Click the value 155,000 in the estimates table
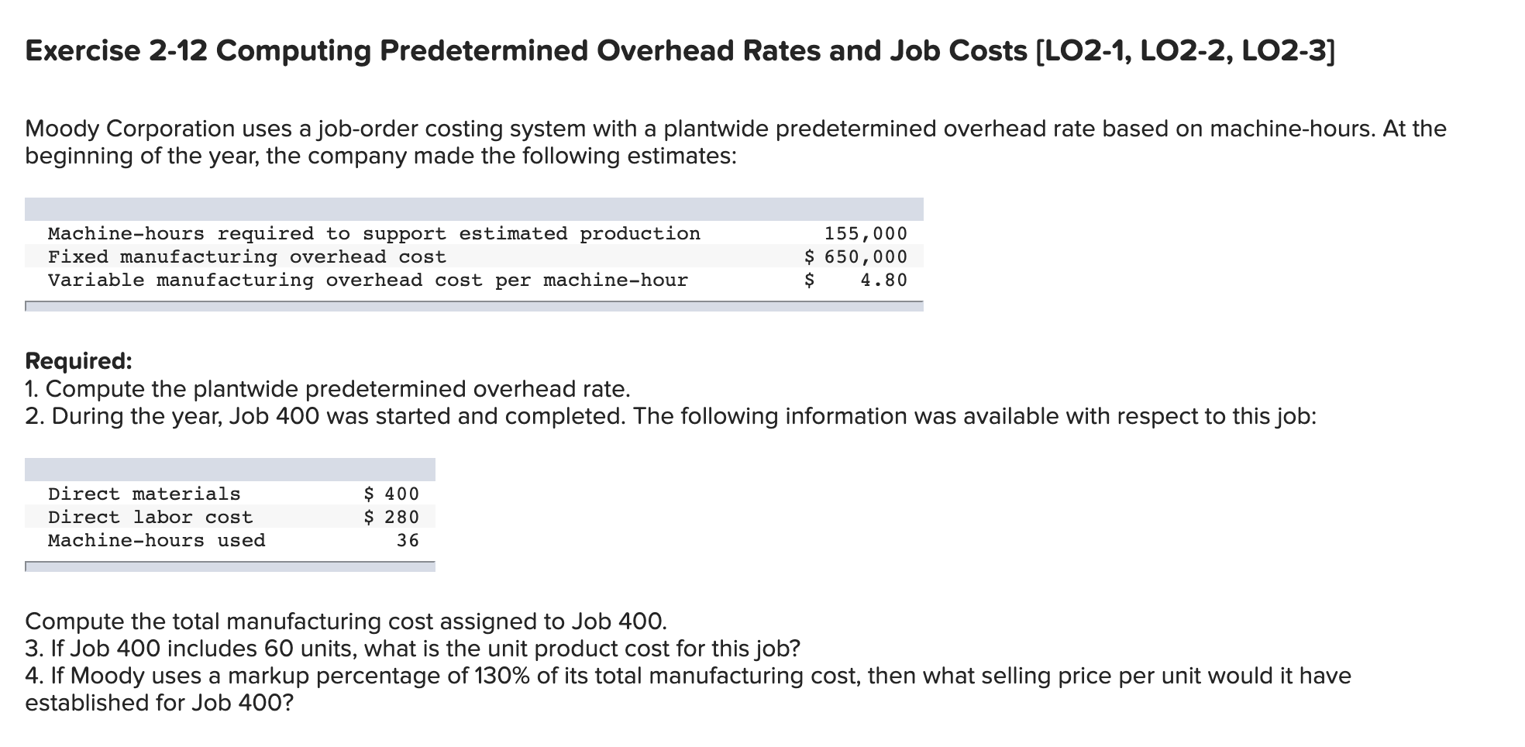click(x=866, y=233)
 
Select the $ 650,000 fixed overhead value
click(x=855, y=256)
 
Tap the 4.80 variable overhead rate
click(x=883, y=280)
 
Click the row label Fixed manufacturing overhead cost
click(x=246, y=256)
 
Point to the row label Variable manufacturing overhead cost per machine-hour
click(x=367, y=280)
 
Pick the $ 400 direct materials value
click(x=391, y=494)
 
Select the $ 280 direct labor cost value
click(x=391, y=517)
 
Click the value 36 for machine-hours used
click(x=408, y=540)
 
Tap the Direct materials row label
click(x=144, y=494)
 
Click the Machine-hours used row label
click(x=157, y=540)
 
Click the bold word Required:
click(x=78, y=361)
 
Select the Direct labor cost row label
click(x=150, y=517)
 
